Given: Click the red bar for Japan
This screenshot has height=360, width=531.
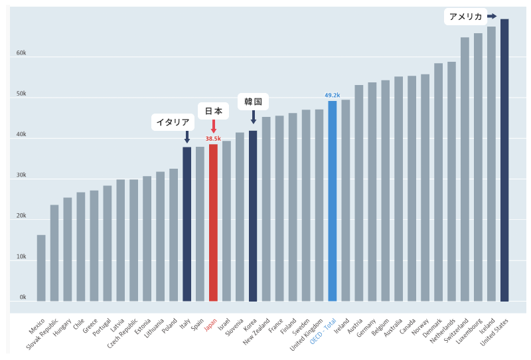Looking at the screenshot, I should pyautogui.click(x=213, y=223).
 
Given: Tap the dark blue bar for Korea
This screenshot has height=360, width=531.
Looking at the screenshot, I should pyautogui.click(x=253, y=216).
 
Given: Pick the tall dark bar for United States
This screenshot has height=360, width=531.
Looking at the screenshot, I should pyautogui.click(x=504, y=160).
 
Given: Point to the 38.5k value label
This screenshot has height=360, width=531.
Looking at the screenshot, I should pyautogui.click(x=213, y=139).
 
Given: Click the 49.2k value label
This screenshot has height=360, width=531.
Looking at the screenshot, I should pyautogui.click(x=333, y=96).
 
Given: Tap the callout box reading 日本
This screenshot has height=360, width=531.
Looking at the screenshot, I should pyautogui.click(x=213, y=111).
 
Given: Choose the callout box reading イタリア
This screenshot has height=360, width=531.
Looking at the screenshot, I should pyautogui.click(x=173, y=122).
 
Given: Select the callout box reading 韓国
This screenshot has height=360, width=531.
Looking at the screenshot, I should pyautogui.click(x=253, y=102).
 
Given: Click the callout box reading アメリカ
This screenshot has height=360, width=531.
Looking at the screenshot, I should pyautogui.click(x=465, y=17).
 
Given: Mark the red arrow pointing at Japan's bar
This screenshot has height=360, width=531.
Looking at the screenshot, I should pyautogui.click(x=213, y=126).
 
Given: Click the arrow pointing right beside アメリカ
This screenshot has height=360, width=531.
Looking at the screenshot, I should pyautogui.click(x=492, y=16).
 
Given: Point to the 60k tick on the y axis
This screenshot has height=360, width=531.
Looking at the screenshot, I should pyautogui.click(x=21, y=53).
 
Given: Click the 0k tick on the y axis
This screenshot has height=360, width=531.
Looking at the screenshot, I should pyautogui.click(x=23, y=297).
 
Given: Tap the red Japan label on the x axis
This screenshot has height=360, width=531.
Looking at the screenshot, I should pyautogui.click(x=210, y=324).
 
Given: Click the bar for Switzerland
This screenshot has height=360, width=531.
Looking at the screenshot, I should pyautogui.click(x=465, y=169).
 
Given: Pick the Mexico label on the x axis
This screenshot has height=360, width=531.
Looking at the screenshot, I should pyautogui.click(x=37, y=325).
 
